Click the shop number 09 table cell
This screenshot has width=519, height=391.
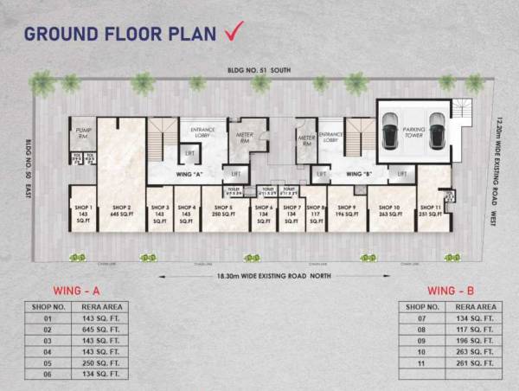[423, 340]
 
